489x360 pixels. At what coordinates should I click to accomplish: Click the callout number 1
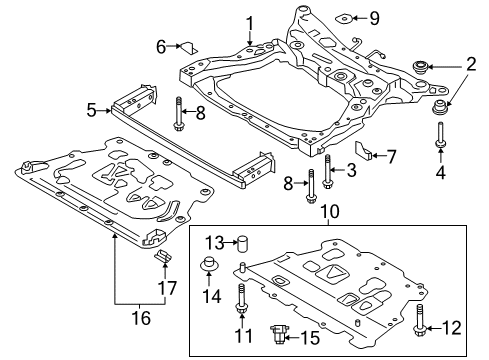coord(251,21)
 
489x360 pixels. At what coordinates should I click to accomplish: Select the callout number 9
coord(375,17)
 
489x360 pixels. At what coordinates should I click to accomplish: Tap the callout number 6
coord(160,46)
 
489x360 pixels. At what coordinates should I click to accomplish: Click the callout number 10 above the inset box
coord(324,214)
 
